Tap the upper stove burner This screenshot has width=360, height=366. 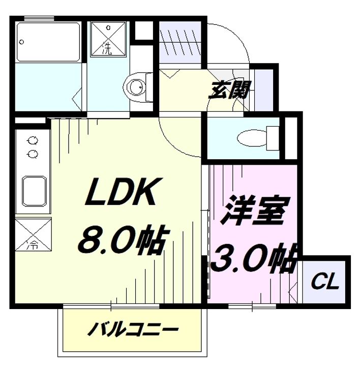pos(33,139)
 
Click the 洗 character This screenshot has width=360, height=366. pos(107,48)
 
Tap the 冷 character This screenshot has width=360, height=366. pos(32,245)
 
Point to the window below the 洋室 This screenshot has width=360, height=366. pos(252,306)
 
